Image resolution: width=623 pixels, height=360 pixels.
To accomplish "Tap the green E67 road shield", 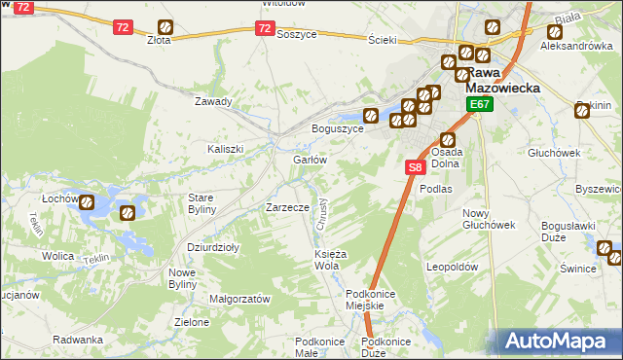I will coord(478,104).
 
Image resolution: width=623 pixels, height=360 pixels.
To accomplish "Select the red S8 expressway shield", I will coord(415,167).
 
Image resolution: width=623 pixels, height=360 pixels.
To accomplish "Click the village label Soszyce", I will coord(297,33).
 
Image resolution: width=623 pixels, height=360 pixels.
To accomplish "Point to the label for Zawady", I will coord(213,101).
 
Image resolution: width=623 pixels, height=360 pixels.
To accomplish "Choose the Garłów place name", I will coord(309,160).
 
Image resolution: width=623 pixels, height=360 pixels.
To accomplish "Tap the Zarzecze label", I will coord(288,207).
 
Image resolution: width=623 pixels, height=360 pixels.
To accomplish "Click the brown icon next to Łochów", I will coord(87,203).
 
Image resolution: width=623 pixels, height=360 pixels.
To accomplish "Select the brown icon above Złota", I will coord(166,26).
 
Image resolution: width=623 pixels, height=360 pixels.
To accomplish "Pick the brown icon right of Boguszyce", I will coord(370,114).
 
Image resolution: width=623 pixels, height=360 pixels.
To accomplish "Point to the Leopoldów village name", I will coord(454,266).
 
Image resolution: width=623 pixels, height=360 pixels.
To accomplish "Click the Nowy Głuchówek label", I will coord(488,219).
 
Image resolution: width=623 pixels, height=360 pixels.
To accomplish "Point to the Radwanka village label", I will coord(79,340).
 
